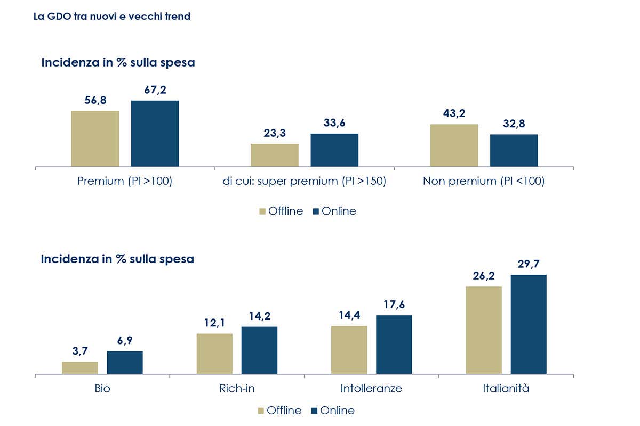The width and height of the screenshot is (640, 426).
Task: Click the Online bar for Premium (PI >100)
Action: (x=155, y=134)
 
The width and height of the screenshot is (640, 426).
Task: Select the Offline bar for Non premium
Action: (x=454, y=145)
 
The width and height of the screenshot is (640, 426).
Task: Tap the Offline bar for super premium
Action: (x=274, y=155)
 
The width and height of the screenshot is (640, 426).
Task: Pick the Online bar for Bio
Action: (x=125, y=363)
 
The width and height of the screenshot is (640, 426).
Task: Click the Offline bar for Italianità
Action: (x=484, y=330)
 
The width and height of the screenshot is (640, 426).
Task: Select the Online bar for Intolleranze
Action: (x=394, y=345)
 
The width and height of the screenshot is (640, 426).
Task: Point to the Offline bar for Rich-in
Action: (x=214, y=354)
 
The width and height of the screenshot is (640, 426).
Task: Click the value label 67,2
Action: (x=155, y=90)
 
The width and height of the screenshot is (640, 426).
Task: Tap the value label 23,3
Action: (x=274, y=133)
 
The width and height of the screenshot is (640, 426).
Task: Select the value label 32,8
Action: (x=514, y=124)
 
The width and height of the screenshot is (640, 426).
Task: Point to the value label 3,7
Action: (x=80, y=351)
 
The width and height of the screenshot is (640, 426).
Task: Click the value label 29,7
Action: (x=528, y=264)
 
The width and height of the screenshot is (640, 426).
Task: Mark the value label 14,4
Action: (x=349, y=315)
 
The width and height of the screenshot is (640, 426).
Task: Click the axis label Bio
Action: (x=102, y=388)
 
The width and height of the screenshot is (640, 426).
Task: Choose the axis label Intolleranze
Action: (x=371, y=388)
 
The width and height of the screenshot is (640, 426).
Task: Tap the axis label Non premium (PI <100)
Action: (x=483, y=181)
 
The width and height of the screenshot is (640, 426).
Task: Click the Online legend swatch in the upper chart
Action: (x=315, y=211)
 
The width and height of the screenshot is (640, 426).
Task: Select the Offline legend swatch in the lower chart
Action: (x=261, y=411)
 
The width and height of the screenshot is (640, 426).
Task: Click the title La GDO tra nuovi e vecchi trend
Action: (x=111, y=17)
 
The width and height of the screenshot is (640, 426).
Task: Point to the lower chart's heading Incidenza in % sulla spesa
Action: (x=118, y=259)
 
